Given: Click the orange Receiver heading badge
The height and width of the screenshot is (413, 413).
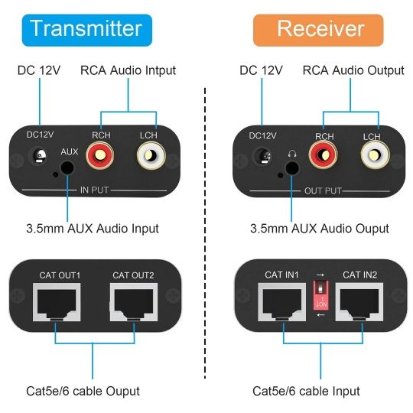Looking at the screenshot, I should (320, 28).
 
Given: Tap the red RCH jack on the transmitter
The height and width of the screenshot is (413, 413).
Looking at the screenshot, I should (99, 158).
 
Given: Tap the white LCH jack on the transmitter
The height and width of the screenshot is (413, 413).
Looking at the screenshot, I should (148, 158).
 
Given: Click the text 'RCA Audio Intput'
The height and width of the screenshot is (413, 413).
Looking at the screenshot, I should (128, 70).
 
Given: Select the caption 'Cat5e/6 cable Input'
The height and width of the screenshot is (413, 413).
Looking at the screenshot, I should (306, 391).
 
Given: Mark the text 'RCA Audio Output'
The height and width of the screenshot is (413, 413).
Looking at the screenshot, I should (353, 70).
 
